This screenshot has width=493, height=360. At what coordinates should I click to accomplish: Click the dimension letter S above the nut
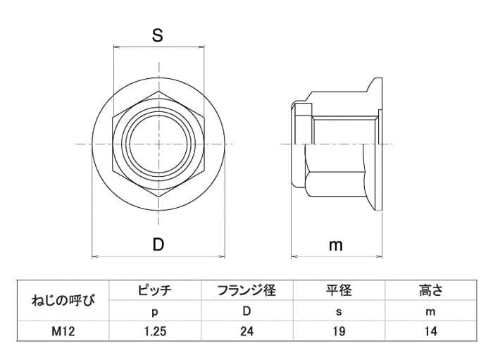[158, 35]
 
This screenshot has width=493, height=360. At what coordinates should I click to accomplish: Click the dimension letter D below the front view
[158, 244]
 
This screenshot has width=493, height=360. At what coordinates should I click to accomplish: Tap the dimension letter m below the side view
[335, 246]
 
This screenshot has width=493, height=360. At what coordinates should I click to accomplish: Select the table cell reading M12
[63, 331]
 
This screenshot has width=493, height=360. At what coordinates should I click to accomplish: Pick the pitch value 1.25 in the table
[155, 331]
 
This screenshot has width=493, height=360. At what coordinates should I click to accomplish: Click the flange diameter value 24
[246, 331]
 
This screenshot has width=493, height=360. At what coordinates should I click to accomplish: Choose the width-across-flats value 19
[339, 331]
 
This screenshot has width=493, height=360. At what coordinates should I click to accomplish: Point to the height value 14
[430, 331]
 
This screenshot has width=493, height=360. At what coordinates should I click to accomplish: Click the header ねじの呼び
[63, 301]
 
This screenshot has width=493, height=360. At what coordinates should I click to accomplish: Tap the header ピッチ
[155, 290]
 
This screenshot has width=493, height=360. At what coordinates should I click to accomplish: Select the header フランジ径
[246, 290]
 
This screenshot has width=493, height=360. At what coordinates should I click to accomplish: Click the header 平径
[339, 290]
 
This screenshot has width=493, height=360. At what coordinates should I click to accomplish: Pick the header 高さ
[430, 290]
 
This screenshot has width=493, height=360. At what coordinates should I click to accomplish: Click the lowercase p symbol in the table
[155, 312]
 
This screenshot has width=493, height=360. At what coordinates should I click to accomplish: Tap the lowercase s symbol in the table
[339, 311]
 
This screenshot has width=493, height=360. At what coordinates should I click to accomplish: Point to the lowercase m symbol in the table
[430, 311]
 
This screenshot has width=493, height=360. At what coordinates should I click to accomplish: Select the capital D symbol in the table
[246, 311]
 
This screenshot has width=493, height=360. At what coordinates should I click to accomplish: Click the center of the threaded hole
[158, 144]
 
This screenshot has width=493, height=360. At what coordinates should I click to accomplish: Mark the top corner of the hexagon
[158, 92]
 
